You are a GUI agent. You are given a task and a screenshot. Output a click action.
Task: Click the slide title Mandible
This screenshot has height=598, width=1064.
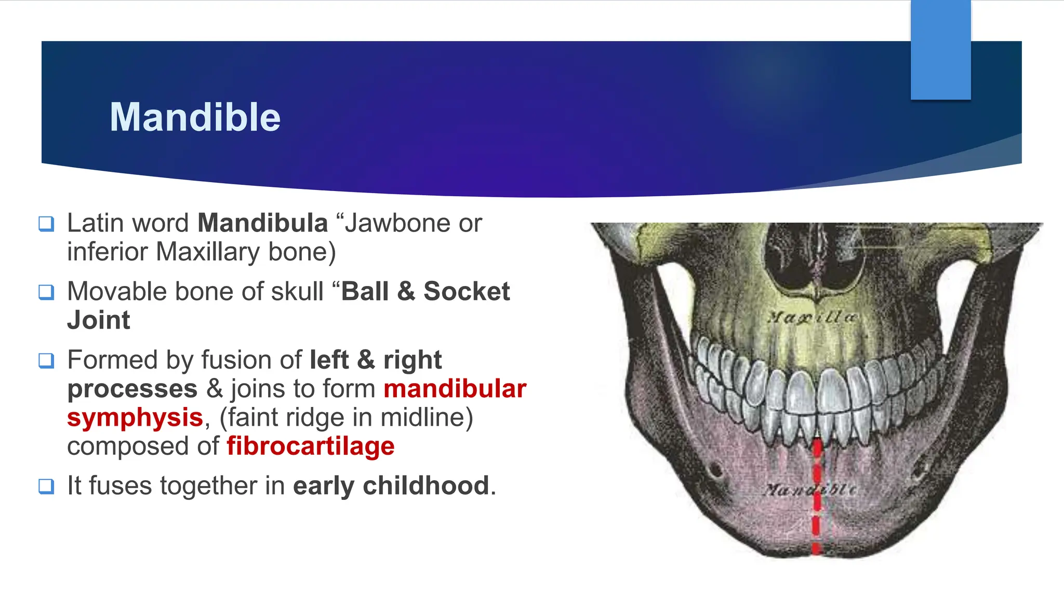pos(195,117)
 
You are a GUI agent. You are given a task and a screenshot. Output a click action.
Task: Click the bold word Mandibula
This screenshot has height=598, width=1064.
pos(262,223)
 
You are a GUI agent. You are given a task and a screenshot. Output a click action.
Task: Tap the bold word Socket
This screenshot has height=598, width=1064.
pos(466,291)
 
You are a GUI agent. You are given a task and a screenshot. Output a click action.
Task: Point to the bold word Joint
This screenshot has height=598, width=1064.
pos(99,320)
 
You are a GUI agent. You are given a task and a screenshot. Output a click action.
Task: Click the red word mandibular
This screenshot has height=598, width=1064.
pos(455,389)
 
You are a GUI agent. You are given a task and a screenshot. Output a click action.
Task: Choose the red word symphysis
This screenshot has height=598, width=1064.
pos(135,418)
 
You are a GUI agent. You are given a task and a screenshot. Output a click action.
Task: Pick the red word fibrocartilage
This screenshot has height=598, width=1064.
pos(310,446)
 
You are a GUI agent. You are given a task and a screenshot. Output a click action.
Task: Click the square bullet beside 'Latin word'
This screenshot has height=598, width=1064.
pos(46,224)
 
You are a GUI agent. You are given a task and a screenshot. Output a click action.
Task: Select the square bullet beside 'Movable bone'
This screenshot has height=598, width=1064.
pos(46,292)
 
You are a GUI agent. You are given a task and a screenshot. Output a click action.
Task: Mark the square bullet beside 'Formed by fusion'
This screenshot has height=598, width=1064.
pos(46,361)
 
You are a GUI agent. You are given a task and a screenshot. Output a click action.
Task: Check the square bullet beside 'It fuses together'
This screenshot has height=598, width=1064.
pos(46,487)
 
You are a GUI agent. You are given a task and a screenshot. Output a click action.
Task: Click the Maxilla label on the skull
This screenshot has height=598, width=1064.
pos(812,317)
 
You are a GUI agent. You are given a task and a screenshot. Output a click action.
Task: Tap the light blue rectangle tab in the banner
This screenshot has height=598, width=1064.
pos(940,49)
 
